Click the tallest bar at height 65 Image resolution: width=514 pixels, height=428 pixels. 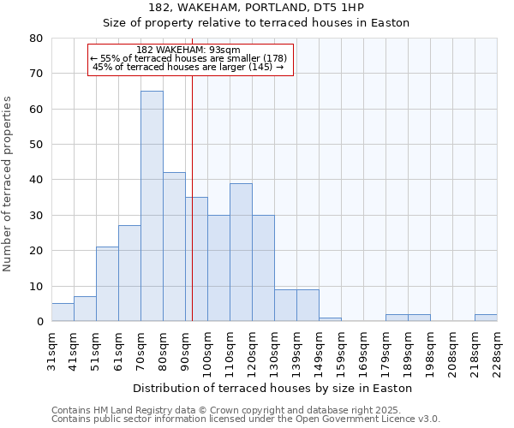[x=152, y=205]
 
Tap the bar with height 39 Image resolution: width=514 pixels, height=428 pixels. [x=241, y=252]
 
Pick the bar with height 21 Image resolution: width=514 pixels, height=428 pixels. [x=107, y=283]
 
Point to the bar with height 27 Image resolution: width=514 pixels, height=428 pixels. [x=129, y=273]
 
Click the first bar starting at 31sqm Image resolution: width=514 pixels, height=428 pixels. [x=63, y=312]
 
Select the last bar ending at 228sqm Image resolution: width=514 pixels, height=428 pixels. [x=486, y=318]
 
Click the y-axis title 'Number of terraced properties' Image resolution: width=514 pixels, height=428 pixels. [x=9, y=184]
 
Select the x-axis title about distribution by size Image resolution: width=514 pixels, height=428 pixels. [x=274, y=388]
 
